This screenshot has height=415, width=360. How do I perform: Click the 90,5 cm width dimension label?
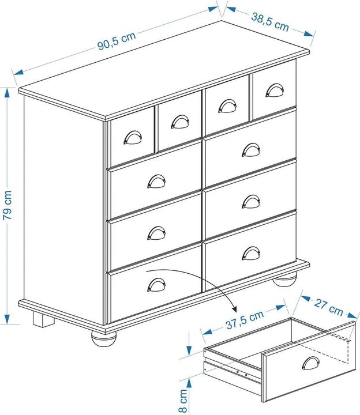point(117,41)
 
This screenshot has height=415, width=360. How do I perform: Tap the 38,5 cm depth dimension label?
point(270,22)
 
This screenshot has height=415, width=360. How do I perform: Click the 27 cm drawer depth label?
point(328,307)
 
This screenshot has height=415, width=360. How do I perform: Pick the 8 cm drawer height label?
point(183,400)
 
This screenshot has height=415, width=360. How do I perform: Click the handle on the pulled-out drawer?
point(311,363)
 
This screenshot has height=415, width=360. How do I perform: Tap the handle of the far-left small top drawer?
point(133,137)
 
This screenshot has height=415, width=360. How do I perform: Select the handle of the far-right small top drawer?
point(275,90)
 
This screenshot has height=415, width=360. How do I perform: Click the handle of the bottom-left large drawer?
point(156,285)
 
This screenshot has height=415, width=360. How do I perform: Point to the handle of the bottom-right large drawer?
point(251,253)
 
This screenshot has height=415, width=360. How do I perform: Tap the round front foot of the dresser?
point(104,338)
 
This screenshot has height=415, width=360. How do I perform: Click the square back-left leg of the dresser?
point(43,319)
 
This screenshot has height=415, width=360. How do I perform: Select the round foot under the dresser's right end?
point(285,280)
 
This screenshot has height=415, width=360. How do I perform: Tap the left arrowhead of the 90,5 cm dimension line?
point(18,71)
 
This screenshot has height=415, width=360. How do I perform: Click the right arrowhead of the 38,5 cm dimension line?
point(309,33)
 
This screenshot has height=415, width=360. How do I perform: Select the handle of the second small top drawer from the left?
point(180,122)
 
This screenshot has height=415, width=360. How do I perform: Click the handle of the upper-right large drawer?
point(251,150)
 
